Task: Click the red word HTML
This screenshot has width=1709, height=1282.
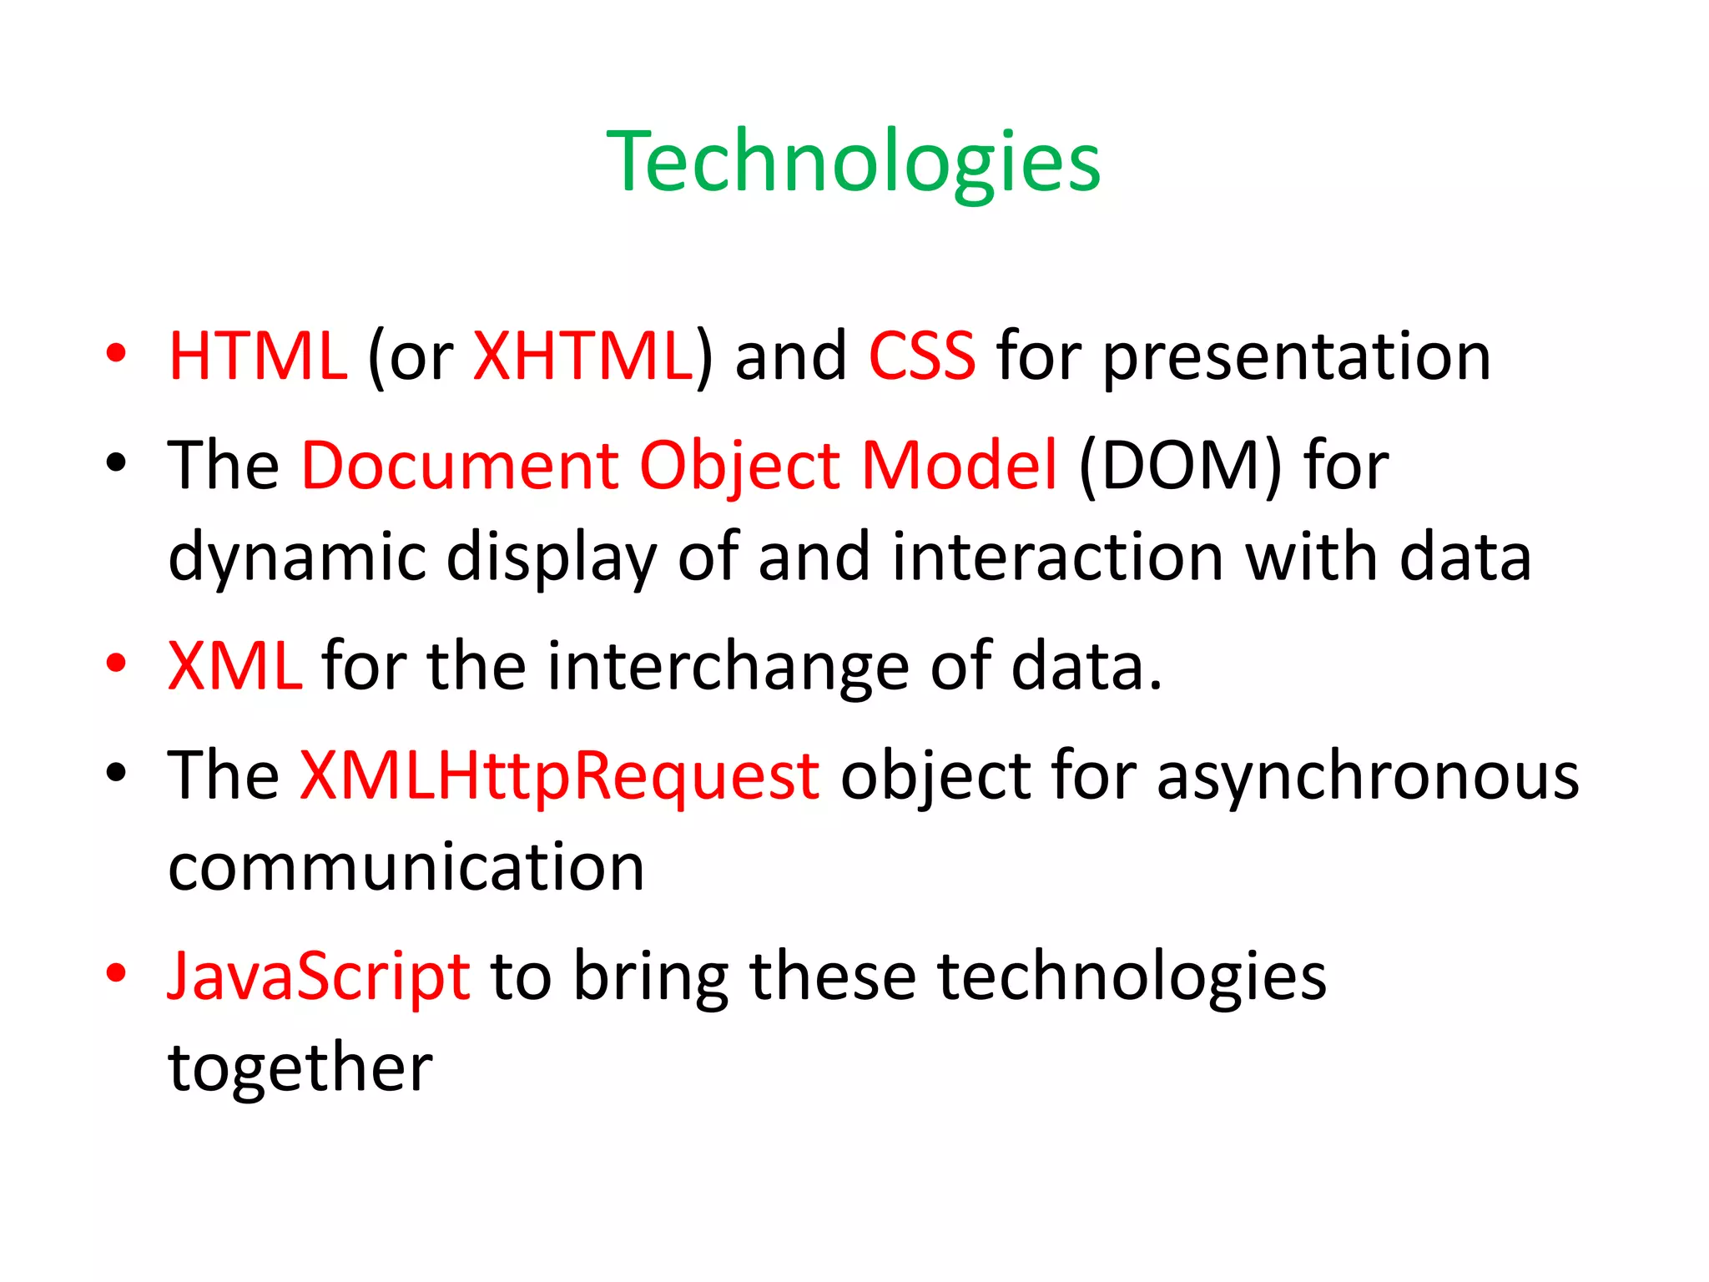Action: [x=257, y=356]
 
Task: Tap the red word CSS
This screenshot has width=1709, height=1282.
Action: [x=921, y=356]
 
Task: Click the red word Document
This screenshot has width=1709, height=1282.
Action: [x=459, y=465]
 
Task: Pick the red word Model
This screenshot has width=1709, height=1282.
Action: [x=959, y=465]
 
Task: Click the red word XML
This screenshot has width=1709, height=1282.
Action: [x=234, y=666]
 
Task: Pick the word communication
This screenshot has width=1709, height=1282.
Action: [x=406, y=867]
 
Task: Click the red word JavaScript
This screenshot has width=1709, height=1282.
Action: [x=319, y=977]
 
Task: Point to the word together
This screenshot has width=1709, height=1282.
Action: [x=300, y=1068]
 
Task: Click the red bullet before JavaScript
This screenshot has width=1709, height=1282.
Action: [x=116, y=973]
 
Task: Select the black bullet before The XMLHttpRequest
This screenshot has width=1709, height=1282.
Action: [x=116, y=773]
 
